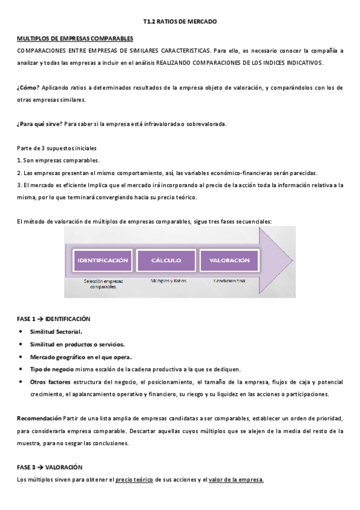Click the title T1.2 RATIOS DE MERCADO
[x=180, y=22]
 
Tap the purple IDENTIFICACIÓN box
[x=102, y=260]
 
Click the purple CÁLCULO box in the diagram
[x=166, y=260]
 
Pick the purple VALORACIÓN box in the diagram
[x=229, y=260]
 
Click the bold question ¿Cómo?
[x=28, y=88]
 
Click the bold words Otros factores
[x=50, y=381]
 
